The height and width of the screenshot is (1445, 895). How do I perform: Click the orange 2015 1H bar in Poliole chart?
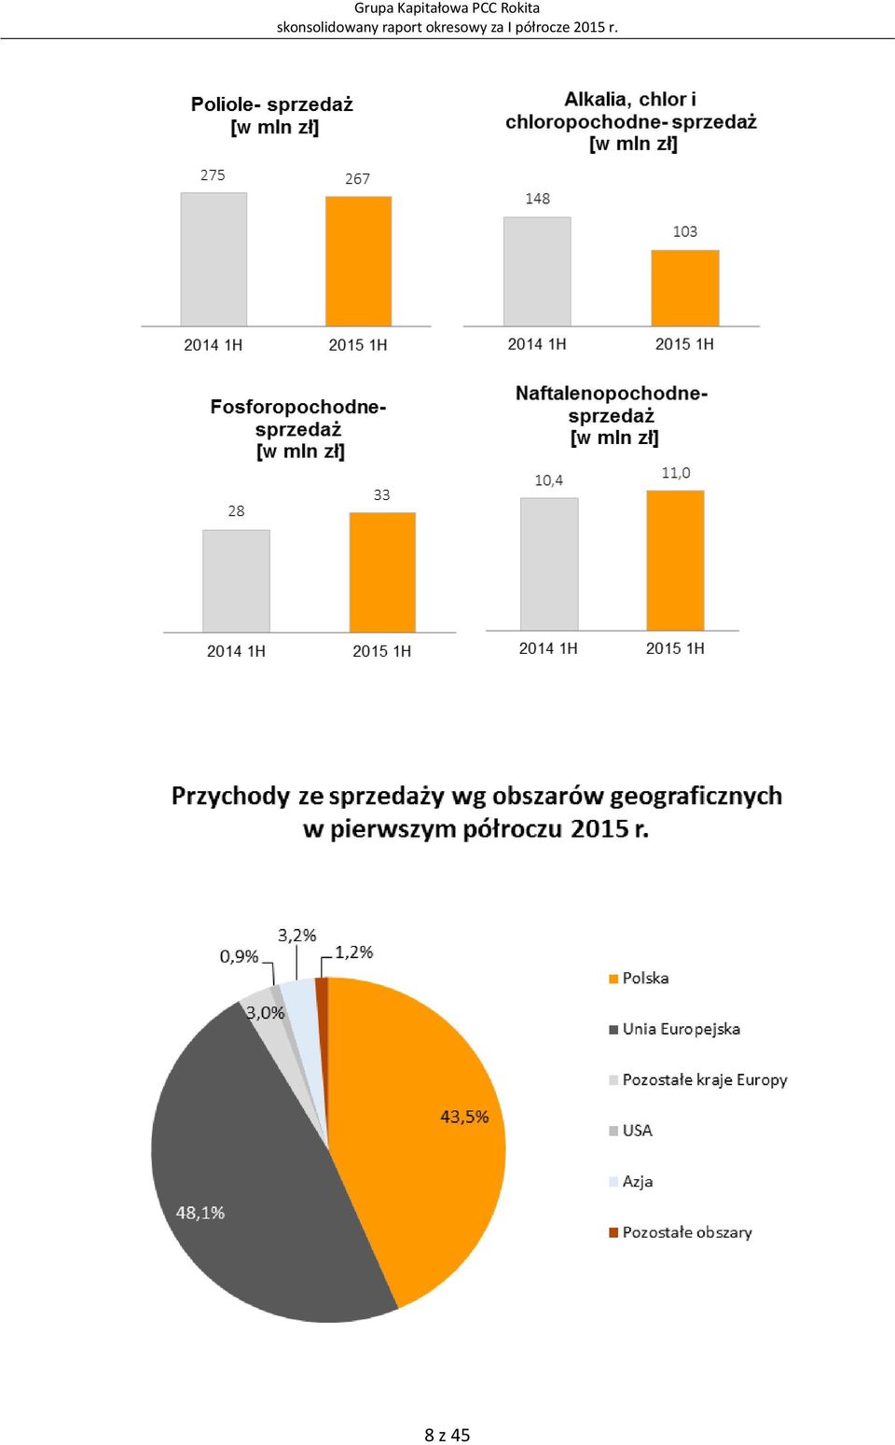358,261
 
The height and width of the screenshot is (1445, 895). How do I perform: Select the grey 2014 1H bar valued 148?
537,271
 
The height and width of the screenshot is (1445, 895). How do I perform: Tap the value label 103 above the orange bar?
685,231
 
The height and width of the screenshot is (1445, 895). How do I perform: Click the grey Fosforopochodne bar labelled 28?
236,581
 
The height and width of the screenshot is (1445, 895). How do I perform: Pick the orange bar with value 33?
382,572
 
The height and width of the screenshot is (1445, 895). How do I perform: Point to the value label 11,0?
676,473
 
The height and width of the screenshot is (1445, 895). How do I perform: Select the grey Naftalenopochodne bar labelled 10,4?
549,563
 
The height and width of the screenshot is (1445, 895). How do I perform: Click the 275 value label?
213,174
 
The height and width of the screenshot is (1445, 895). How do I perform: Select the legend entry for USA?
630,1131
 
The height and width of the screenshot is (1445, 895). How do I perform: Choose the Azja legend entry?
630,1181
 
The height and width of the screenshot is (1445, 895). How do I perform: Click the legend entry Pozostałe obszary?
681,1232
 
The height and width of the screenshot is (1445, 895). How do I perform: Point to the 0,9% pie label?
240,956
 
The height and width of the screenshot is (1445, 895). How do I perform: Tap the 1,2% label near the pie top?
354,952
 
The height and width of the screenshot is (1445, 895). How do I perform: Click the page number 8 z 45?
447,1434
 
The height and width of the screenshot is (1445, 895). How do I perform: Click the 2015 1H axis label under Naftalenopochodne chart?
675,648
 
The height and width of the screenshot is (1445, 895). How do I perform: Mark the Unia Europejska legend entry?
674,1029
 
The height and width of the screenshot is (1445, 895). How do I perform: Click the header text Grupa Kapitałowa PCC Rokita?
447,8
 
